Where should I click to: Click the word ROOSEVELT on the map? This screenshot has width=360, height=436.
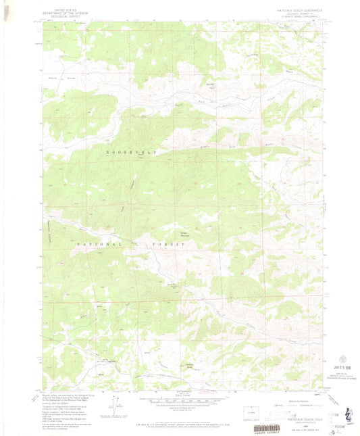point(131,153)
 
